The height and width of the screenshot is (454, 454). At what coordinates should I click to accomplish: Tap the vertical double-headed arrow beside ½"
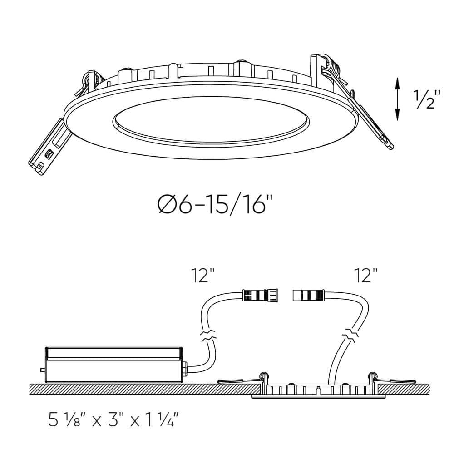(x=398, y=99)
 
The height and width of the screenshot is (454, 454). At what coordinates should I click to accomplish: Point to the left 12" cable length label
(x=203, y=276)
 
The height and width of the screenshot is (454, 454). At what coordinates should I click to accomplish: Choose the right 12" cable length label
(x=366, y=276)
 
